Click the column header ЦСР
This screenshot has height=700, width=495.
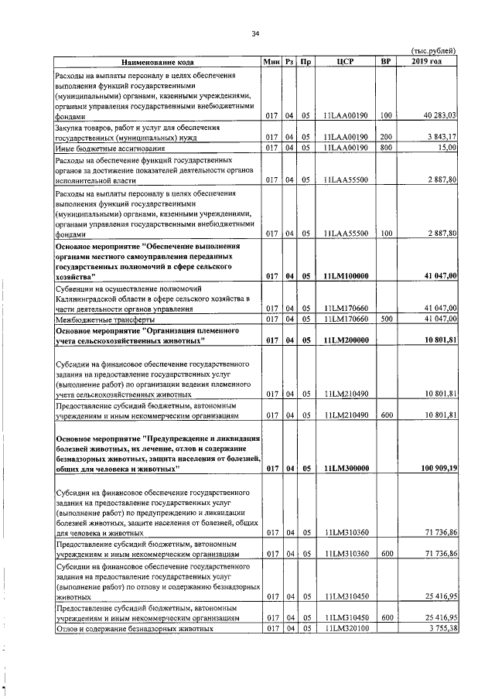tap(345, 61)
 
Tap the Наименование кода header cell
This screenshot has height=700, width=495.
tap(157, 61)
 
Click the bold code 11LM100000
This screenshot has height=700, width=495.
tap(346, 275)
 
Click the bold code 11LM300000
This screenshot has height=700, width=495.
tap(346, 468)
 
